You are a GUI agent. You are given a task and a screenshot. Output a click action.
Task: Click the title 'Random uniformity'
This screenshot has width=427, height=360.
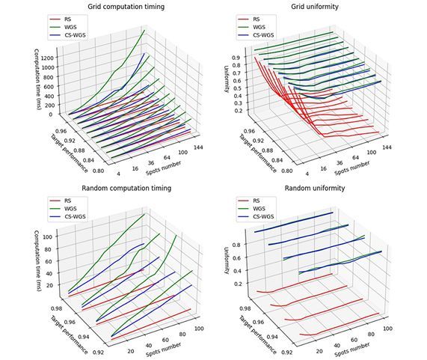click(x=317, y=188)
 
